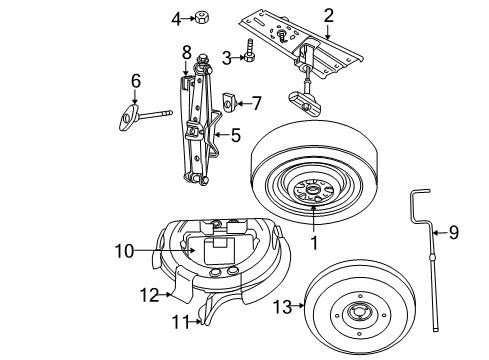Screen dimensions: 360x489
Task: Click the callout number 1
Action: click(x=313, y=241)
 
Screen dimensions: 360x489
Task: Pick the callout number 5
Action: click(x=236, y=135)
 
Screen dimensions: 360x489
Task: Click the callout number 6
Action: click(x=136, y=80)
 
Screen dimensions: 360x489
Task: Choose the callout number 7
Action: click(x=256, y=102)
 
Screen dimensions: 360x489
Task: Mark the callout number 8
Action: click(x=186, y=51)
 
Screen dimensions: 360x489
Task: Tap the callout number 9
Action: click(x=453, y=233)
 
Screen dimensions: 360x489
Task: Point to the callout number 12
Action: click(x=148, y=294)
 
